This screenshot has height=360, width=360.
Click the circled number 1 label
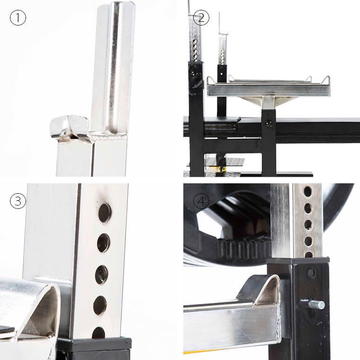tap(18, 18)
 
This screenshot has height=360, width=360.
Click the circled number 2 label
tap(201, 18)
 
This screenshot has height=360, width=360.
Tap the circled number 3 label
tap(18, 201)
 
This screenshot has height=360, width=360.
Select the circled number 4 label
tap(201, 201)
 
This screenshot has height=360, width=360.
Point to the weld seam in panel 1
tap(108, 137)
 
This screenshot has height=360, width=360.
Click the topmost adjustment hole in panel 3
tap(105, 213)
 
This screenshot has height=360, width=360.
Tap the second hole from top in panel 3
tap(104, 243)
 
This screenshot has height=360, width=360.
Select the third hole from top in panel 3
tap(102, 275)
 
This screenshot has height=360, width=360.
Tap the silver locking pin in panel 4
tap(315, 305)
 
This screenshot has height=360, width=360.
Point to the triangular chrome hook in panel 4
tap(264, 290)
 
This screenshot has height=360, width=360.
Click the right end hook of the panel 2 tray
tap(325, 80)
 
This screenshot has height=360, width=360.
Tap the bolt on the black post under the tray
tap(269, 123)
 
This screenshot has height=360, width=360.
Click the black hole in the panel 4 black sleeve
tap(311, 273)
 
